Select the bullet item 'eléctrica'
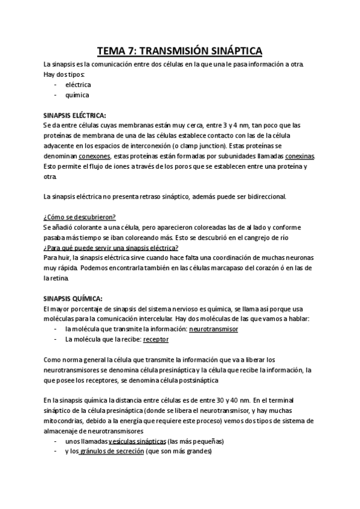point(78,85)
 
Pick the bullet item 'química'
point(77,95)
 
